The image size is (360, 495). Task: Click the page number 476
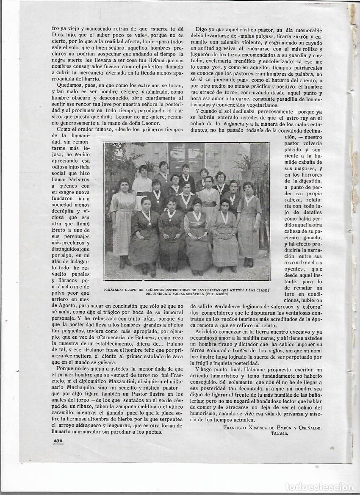click(x=58, y=441)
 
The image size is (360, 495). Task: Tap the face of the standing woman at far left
click(x=124, y=185)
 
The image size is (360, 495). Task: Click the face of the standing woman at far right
click(x=248, y=188)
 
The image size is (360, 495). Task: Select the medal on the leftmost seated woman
click(x=147, y=218)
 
